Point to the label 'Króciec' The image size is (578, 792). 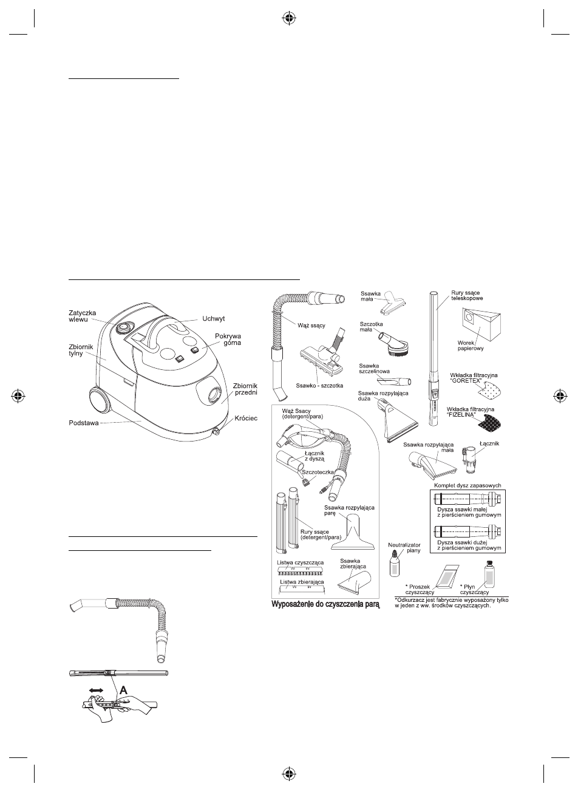coord(245,418)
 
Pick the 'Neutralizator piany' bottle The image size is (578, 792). coord(394,563)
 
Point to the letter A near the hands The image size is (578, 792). coord(124,690)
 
